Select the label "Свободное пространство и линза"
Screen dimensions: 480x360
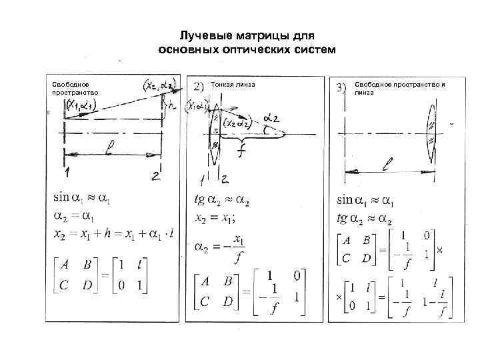tap(399, 88)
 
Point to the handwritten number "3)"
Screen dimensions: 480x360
tap(341, 87)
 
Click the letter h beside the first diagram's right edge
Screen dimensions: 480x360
tap(172, 105)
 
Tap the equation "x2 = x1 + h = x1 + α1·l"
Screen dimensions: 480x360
tap(112, 233)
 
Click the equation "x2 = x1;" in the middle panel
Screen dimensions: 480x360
tap(217, 217)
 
